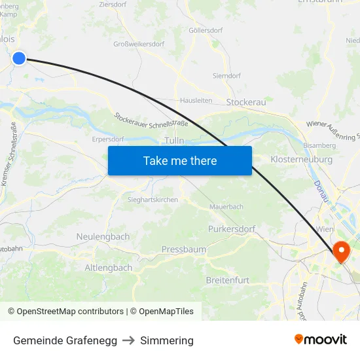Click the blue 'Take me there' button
click(180, 160)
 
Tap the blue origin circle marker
click(19, 58)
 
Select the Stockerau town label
click(245, 102)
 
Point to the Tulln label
click(174, 141)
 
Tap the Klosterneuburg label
click(301, 159)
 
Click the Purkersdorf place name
click(234, 229)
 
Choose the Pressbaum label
click(184, 249)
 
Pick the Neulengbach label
click(103, 236)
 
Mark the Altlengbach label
click(109, 268)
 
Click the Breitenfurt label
click(228, 280)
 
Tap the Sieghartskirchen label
click(153, 200)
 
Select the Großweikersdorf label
click(139, 45)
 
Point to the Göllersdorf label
click(206, 30)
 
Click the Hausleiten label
click(196, 100)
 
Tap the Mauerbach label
click(226, 206)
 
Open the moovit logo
click(320, 340)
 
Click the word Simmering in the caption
click(167, 340)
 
